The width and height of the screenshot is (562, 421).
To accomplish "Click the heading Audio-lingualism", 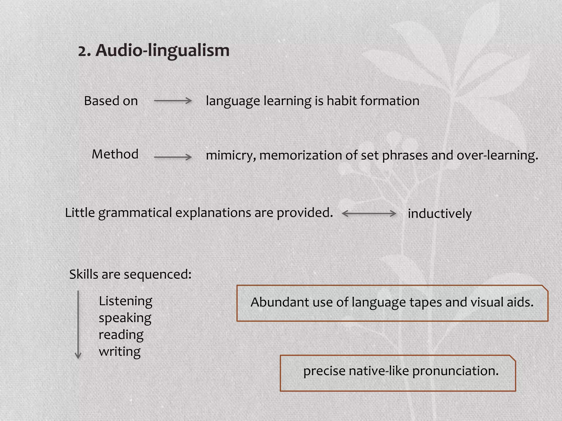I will click(x=162, y=51).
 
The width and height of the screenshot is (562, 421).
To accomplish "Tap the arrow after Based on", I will click(x=173, y=101).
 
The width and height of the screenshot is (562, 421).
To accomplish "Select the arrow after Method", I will click(x=173, y=157).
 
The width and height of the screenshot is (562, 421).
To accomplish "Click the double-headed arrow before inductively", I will click(x=369, y=213).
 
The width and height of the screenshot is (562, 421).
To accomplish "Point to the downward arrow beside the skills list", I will click(x=78, y=325).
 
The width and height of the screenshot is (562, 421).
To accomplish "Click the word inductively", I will click(x=440, y=214).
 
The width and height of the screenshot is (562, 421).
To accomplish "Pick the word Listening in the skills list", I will click(x=125, y=301).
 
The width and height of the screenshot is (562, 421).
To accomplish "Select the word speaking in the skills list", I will click(x=125, y=318).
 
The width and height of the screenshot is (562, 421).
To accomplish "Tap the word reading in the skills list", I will click(x=121, y=335).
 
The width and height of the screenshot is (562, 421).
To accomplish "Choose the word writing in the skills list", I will click(x=120, y=351).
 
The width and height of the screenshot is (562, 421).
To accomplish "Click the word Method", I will click(x=115, y=154).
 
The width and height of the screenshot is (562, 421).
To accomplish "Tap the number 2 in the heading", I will click(x=84, y=51).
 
